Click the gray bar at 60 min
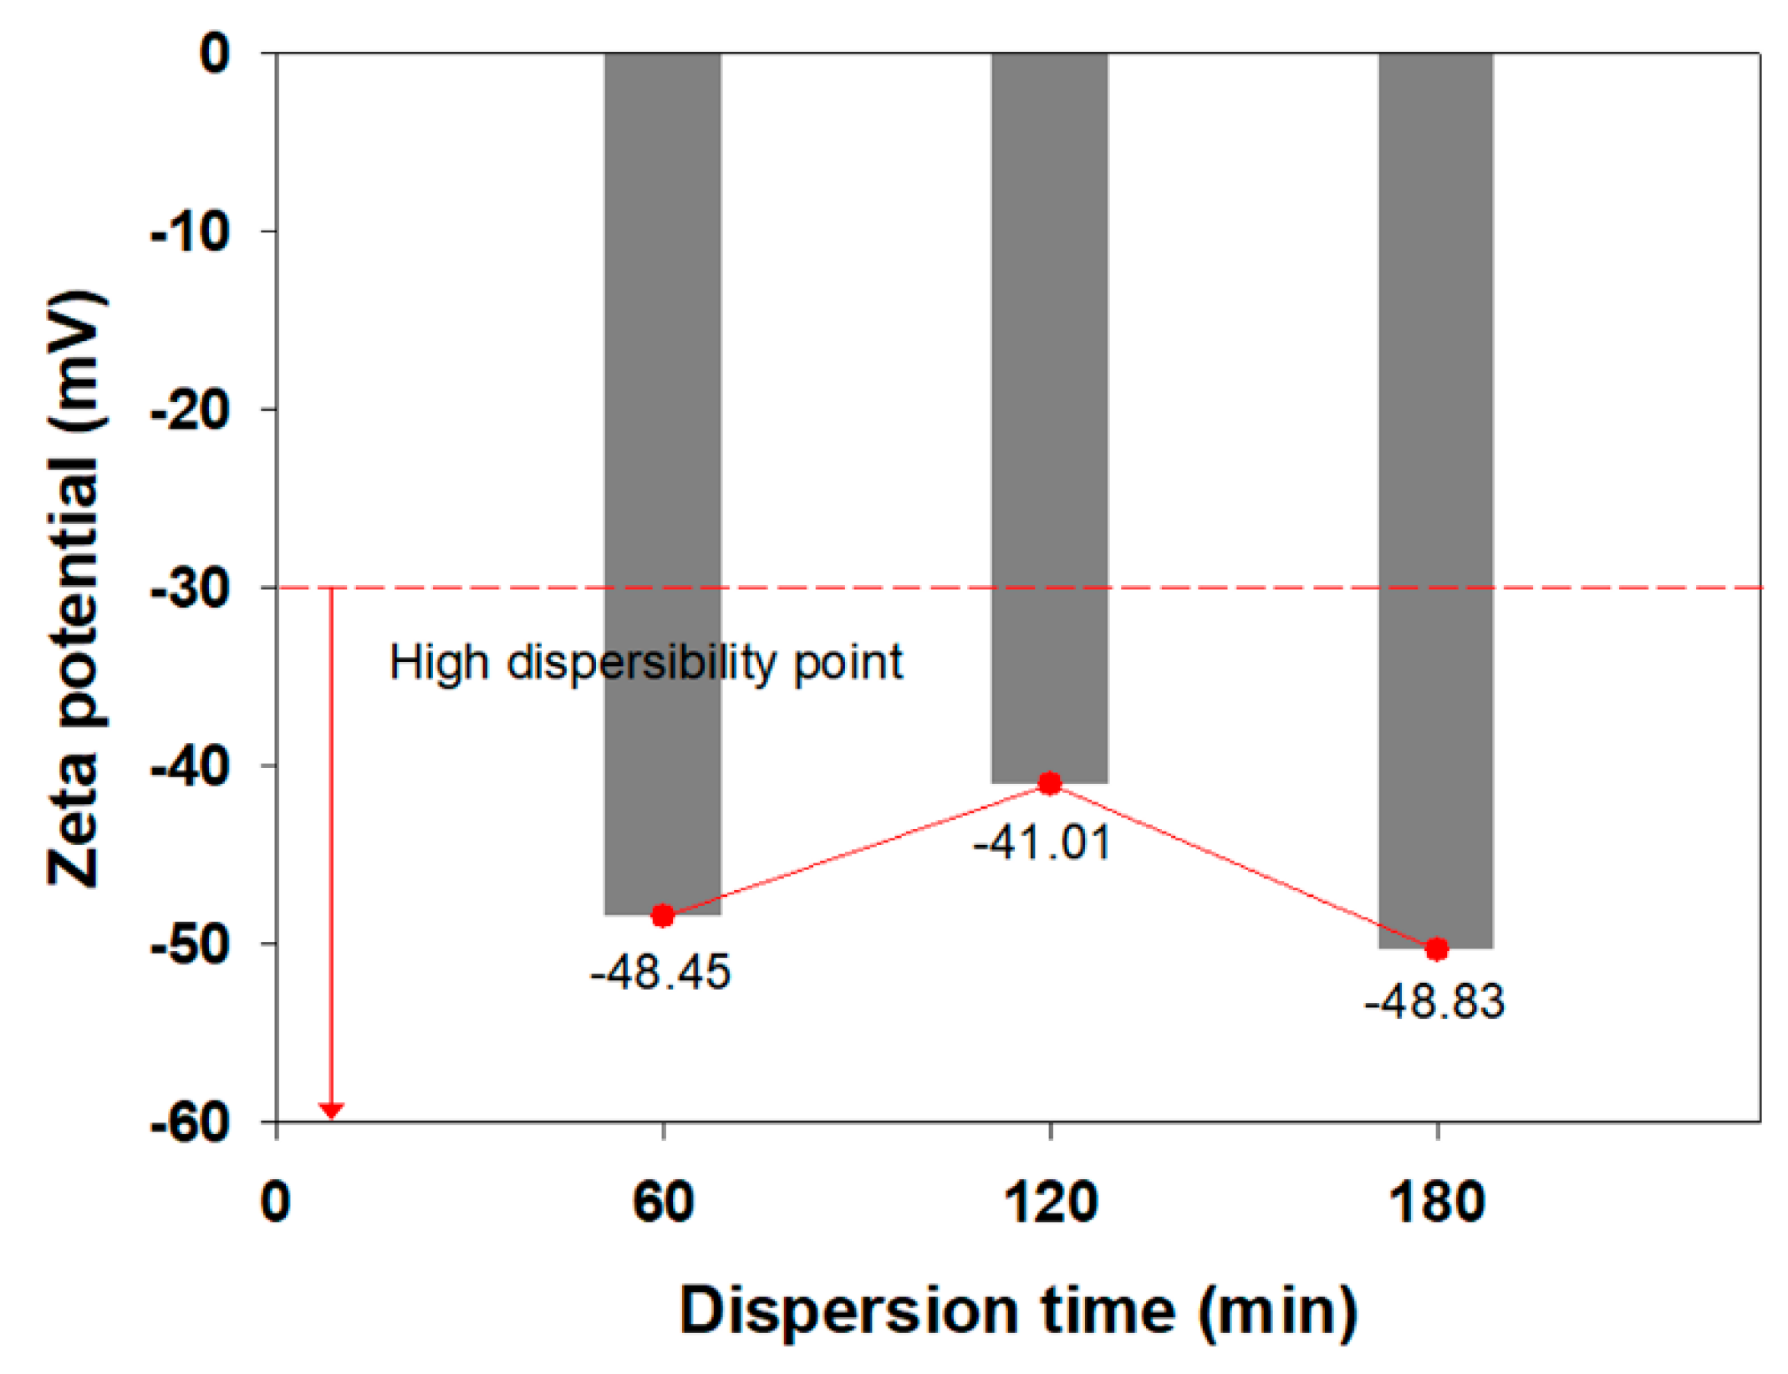pyautogui.click(x=662, y=485)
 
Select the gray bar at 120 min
pyautogui.click(x=1049, y=418)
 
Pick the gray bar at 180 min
pyautogui.click(x=1435, y=501)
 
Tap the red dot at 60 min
pyautogui.click(x=662, y=916)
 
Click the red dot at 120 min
pyautogui.click(x=1049, y=783)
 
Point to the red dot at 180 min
pyautogui.click(x=1436, y=949)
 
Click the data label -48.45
pyautogui.click(x=660, y=972)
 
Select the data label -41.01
pyautogui.click(x=1042, y=842)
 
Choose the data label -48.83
pyautogui.click(x=1434, y=1001)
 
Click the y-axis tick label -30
pyautogui.click(x=190, y=588)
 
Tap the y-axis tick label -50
pyautogui.click(x=190, y=944)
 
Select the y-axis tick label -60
pyautogui.click(x=190, y=1122)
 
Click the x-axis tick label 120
pyautogui.click(x=1049, y=1204)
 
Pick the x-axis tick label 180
pyautogui.click(x=1436, y=1204)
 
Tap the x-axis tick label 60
pyautogui.click(x=663, y=1204)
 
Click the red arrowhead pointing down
pyautogui.click(x=332, y=1111)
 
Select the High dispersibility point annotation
pyautogui.click(x=646, y=663)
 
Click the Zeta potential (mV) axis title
pyautogui.click(x=75, y=588)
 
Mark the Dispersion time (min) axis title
pyautogui.click(x=1017, y=1310)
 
